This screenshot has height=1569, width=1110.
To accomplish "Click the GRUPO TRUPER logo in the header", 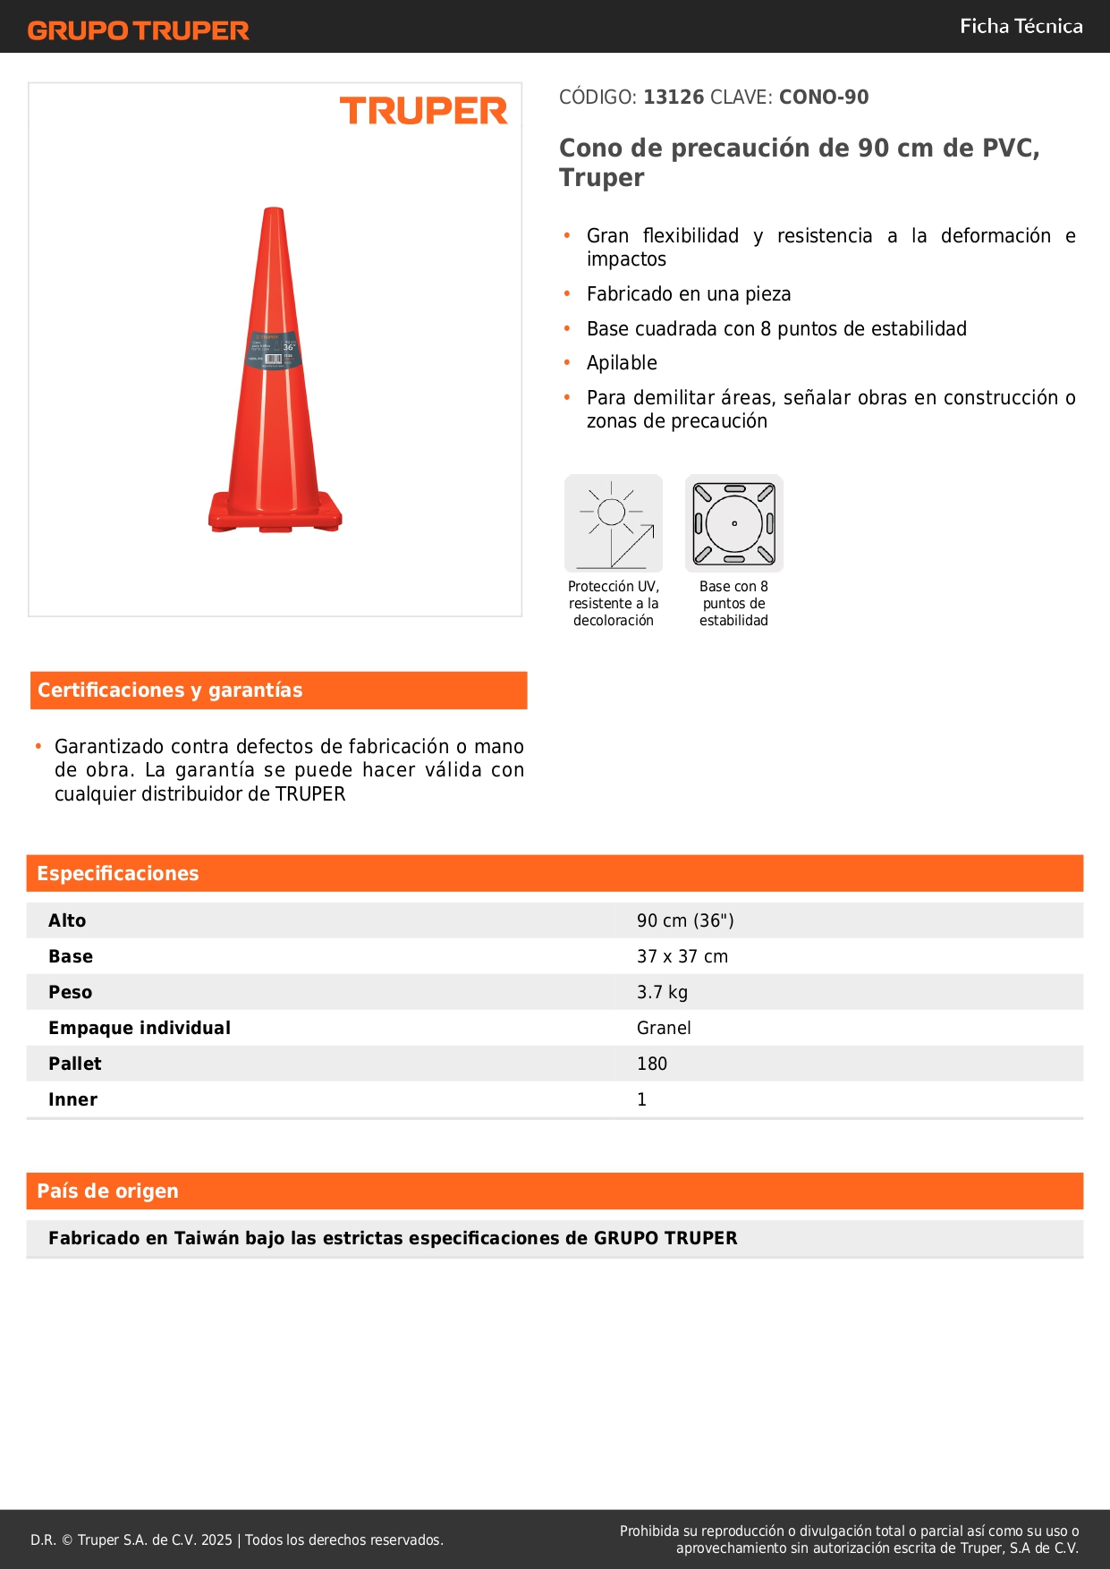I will coord(139,30).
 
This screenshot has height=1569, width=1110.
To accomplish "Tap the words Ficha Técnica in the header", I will coord(1021,26).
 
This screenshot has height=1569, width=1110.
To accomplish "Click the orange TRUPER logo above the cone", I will coord(423,111).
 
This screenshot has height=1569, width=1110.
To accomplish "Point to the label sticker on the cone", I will coord(274,351).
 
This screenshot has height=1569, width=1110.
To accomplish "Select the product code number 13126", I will coord(674,97).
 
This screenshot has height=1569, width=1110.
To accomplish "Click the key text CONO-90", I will coord(823,97).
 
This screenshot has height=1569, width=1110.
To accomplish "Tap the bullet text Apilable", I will coord(622,363).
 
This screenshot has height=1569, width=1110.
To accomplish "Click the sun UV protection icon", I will coord(614,523).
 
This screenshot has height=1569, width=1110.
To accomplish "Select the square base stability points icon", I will coord(734,523).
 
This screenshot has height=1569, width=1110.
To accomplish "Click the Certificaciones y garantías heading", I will coord(170,691).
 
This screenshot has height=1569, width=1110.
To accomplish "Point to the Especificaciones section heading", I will coord(118,874).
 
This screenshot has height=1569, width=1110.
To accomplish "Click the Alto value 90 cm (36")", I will coord(685,920).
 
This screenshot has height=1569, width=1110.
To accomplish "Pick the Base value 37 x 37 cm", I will coord(682,956).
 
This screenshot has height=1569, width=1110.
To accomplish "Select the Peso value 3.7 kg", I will coord(662,992).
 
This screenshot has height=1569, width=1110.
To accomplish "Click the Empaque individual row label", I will coord(140,1028).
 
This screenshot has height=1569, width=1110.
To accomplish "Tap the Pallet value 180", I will coord(652,1064).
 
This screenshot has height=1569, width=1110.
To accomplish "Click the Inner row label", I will coord(73,1099).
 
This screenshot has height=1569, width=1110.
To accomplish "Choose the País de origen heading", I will coord(107,1192).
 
